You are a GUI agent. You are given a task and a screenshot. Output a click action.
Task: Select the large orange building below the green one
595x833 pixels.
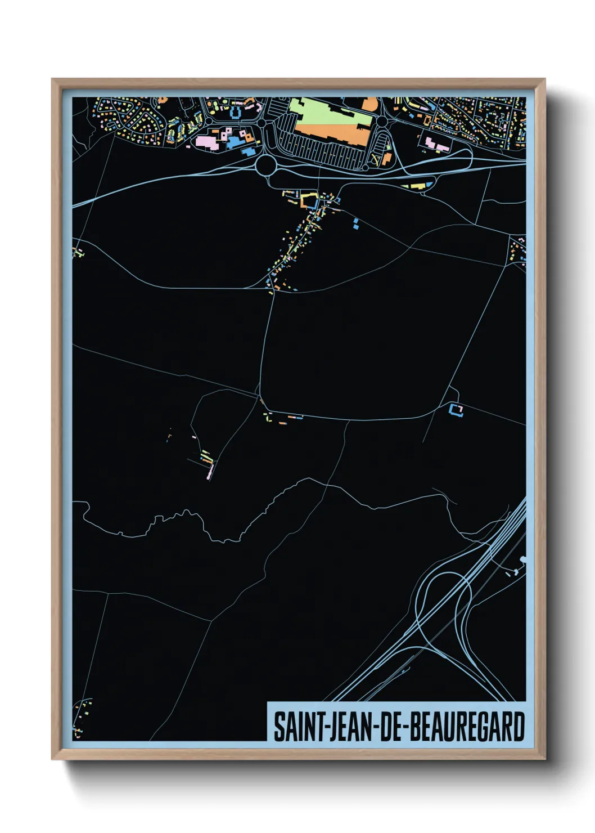(332, 134)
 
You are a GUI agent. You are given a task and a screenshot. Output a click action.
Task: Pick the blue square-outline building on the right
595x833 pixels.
(456, 410)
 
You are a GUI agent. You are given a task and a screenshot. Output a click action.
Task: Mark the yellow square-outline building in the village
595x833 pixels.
(308, 200)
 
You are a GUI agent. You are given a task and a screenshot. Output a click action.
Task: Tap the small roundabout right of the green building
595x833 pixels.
(382, 122)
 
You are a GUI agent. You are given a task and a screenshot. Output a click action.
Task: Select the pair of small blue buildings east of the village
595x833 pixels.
(356, 223)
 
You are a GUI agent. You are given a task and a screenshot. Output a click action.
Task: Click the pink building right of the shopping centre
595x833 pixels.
(435, 144)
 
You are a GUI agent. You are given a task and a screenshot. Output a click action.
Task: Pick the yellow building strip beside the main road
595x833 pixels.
(417, 185)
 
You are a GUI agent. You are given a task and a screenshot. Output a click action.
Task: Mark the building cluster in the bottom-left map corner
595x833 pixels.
(82, 718)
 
